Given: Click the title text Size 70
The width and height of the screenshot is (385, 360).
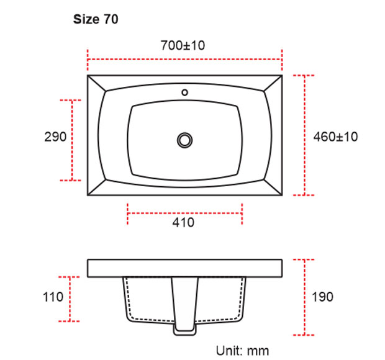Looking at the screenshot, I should point(96,19).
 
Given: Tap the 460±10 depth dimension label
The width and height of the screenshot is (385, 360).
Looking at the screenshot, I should point(335,137).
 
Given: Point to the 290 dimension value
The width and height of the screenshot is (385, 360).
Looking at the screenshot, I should point(55,137).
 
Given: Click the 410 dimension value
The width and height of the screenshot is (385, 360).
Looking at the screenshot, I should point(184,222).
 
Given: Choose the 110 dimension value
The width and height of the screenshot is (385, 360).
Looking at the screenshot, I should point(54,297).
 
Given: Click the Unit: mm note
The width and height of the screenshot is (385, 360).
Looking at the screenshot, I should point(242,351).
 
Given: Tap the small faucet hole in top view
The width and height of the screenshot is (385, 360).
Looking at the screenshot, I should point(184,92).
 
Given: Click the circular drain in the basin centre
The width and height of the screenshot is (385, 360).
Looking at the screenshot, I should point(184,139).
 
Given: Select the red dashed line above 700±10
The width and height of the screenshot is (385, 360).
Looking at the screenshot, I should point(185,60).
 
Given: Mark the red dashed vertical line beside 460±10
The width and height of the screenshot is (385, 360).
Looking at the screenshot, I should point(304,135).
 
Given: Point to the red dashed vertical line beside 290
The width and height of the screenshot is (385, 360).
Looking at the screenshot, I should point(73,140).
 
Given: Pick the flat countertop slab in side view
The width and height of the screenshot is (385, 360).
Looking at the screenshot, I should point(185,268).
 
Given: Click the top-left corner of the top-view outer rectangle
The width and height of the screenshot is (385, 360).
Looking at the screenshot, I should point(88,76).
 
